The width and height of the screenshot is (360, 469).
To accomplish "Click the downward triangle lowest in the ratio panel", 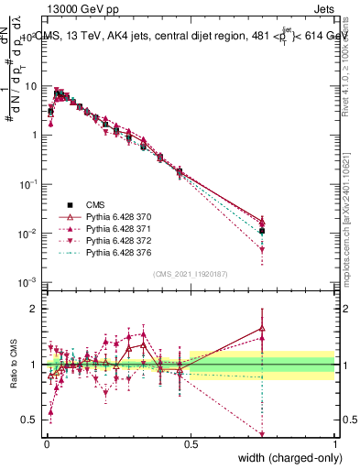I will point(263,434).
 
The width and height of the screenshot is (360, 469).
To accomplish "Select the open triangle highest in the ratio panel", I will point(263,327).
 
